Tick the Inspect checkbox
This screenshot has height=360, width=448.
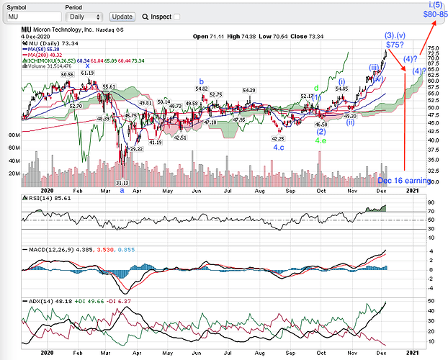pos(177,17)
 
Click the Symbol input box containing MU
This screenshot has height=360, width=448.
pos(33,17)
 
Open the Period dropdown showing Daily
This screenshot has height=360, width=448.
pos(86,17)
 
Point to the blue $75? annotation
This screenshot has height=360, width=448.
pos(392,44)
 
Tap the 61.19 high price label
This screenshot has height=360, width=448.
pos(88,73)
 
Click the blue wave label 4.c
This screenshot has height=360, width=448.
pos(280,147)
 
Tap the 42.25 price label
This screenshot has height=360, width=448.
pos(278,138)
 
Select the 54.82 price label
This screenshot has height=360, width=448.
pos(202,89)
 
